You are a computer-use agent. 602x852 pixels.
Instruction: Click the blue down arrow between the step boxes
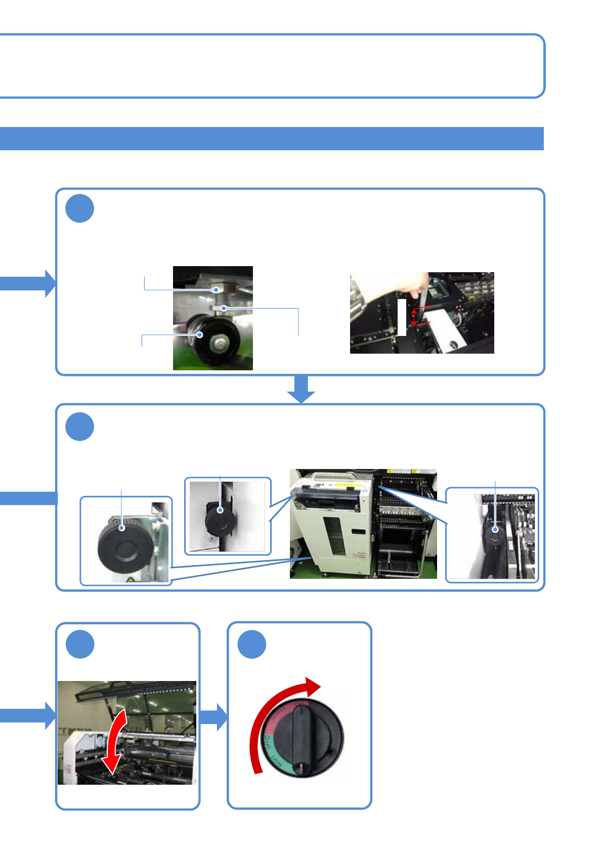coord(301,389)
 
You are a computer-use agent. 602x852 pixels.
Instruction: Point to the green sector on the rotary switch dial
coord(273,754)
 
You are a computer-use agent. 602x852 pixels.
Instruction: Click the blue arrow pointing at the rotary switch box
coord(214,716)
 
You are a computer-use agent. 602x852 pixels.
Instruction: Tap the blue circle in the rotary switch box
coord(252,645)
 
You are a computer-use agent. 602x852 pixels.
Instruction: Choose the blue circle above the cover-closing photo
coord(80,645)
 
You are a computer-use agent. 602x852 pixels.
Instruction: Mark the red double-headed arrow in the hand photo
coord(414,318)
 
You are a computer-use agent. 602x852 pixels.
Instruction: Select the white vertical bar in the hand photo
coord(402,317)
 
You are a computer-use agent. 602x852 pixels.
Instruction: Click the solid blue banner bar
coord(272,139)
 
